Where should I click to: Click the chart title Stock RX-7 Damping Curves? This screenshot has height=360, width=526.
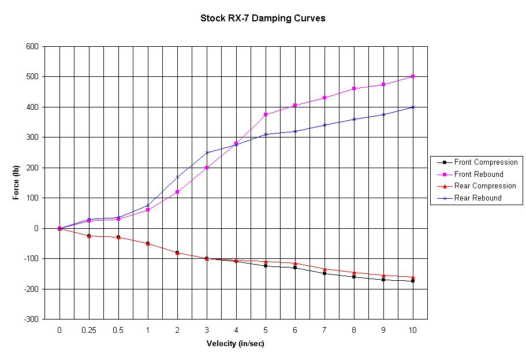click(x=263, y=18)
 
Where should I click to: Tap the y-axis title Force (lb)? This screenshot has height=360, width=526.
click(x=16, y=182)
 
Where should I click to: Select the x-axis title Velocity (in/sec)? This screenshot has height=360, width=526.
click(x=236, y=343)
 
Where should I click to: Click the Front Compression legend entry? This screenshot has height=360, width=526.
click(x=486, y=162)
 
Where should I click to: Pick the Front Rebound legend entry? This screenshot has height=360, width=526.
click(x=479, y=174)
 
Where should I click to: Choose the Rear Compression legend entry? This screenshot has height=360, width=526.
click(x=485, y=186)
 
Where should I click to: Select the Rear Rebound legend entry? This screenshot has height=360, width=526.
click(x=477, y=198)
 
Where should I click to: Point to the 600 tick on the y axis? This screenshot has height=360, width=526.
click(x=32, y=46)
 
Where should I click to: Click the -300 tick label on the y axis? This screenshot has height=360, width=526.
click(x=31, y=319)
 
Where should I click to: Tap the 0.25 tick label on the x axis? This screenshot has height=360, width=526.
click(x=89, y=329)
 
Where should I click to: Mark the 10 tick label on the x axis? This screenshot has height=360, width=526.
click(x=413, y=329)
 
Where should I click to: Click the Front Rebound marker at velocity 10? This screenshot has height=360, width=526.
click(x=413, y=76)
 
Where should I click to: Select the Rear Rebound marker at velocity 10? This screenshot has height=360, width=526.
click(x=413, y=107)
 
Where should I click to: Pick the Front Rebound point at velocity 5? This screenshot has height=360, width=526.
click(x=266, y=114)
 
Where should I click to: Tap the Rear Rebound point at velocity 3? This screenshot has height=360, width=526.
click(x=207, y=153)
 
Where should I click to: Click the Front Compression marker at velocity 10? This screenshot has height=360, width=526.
click(x=413, y=281)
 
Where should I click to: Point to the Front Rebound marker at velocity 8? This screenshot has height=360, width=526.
click(x=354, y=88)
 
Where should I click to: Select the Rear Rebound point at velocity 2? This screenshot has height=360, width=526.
click(x=177, y=177)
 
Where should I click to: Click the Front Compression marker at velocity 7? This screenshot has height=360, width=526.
click(x=324, y=273)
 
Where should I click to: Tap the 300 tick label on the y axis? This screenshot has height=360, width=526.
click(x=32, y=137)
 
